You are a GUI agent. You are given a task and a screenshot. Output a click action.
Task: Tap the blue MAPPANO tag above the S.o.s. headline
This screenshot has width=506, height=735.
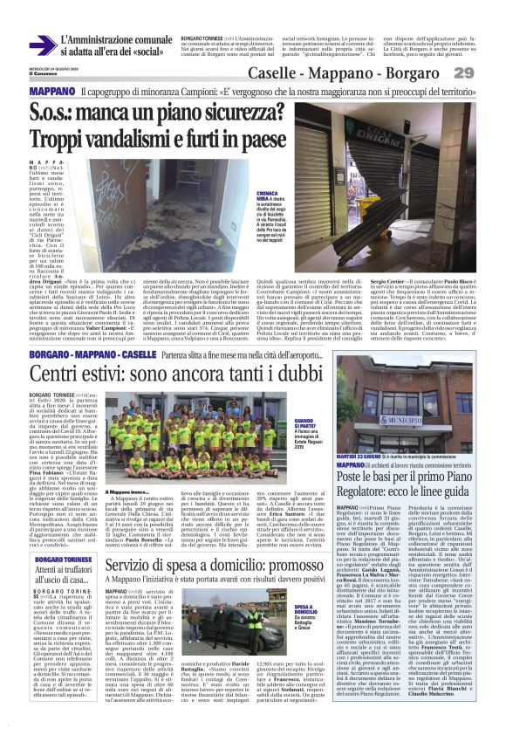click(52, 91)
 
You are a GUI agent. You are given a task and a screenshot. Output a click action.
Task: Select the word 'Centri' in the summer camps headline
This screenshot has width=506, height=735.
click(58, 352)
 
